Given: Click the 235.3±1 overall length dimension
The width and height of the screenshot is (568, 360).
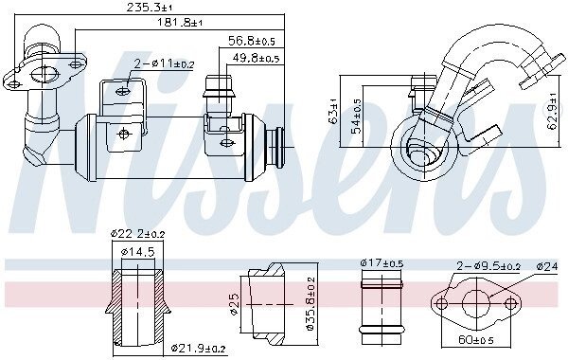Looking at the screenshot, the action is point(150,8).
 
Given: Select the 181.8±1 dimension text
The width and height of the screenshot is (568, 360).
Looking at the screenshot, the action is point(179,23).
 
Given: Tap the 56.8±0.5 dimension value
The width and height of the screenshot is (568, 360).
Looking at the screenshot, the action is point(252,41).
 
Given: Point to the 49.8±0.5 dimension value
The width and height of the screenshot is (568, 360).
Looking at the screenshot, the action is point(256,58).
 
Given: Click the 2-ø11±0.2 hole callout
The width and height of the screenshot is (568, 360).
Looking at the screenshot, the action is point(164,64).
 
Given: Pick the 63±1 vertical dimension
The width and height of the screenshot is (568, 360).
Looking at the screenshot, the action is point(332,111).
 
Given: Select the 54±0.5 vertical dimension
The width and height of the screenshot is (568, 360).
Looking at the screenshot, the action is point(357,116).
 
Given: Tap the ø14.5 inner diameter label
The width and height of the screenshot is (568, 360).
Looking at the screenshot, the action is point(137,251).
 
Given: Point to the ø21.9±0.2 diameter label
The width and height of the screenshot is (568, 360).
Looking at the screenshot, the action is point(198,349).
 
